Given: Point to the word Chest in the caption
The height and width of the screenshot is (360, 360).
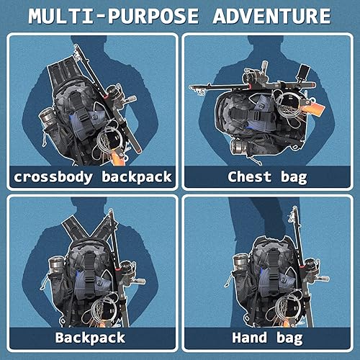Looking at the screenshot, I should [x=248, y=176].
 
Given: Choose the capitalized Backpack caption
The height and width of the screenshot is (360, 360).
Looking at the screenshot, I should [x=90, y=338].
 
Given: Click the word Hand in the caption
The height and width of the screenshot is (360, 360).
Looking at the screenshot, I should [x=251, y=338].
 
